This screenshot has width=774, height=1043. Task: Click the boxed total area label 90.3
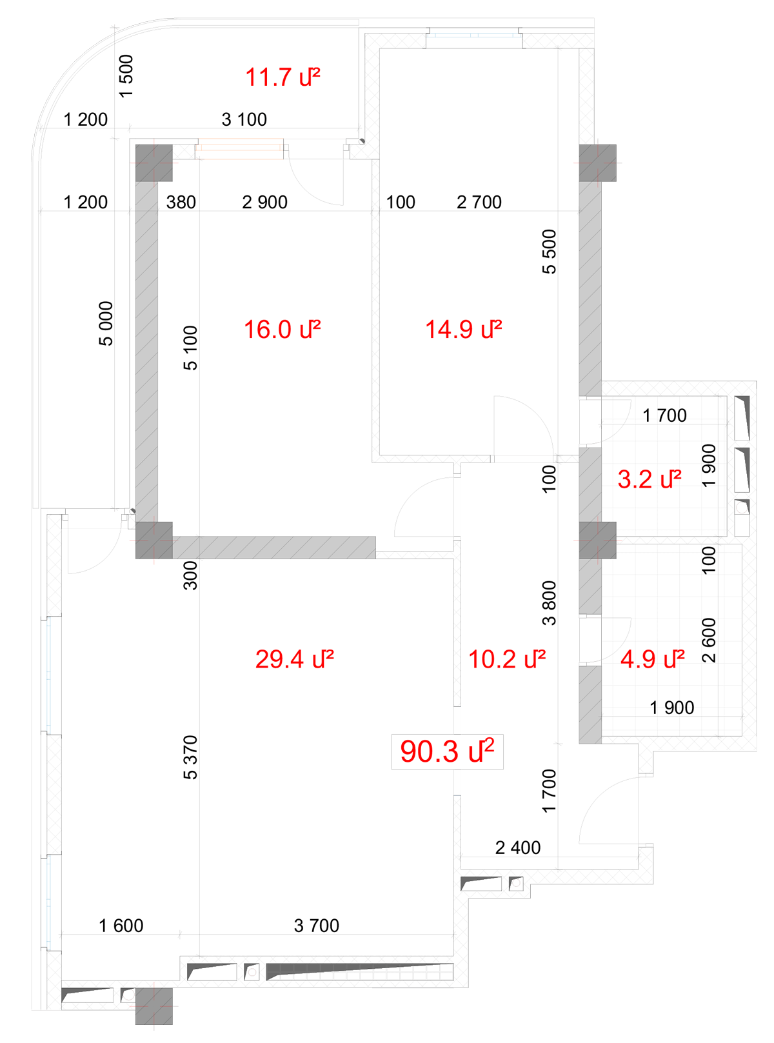pyautogui.click(x=447, y=751)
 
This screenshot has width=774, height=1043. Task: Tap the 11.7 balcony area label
pyautogui.click(x=283, y=77)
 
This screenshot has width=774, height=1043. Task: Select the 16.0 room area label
pyautogui.click(x=282, y=329)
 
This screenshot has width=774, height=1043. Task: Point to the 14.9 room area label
pyautogui.click(x=464, y=329)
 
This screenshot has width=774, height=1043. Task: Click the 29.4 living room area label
pyautogui.click(x=294, y=659)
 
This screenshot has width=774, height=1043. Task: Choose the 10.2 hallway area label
pyautogui.click(x=507, y=659)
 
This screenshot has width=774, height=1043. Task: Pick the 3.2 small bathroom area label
pyautogui.click(x=650, y=479)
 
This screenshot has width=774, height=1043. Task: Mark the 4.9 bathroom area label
pyautogui.click(x=653, y=659)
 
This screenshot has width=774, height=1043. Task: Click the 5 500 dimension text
pyautogui.click(x=549, y=252)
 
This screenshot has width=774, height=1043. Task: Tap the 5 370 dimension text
pyautogui.click(x=190, y=757)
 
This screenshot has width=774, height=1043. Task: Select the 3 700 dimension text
pyautogui.click(x=317, y=926)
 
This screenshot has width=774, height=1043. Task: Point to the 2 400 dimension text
pyautogui.click(x=518, y=848)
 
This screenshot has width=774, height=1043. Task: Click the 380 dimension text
pyautogui.click(x=181, y=202)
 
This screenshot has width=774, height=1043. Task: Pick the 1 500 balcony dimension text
pyautogui.click(x=126, y=76)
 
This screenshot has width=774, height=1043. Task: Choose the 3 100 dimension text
pyautogui.click(x=244, y=119)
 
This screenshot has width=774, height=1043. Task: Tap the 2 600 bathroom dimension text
pyautogui.click(x=709, y=640)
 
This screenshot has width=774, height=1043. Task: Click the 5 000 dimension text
pyautogui.click(x=106, y=324)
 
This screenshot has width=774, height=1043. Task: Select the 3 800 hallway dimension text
pyautogui.click(x=549, y=603)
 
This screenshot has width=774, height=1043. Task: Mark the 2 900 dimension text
pyautogui.click(x=264, y=202)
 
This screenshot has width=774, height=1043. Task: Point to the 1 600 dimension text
pyautogui.click(x=121, y=926)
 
